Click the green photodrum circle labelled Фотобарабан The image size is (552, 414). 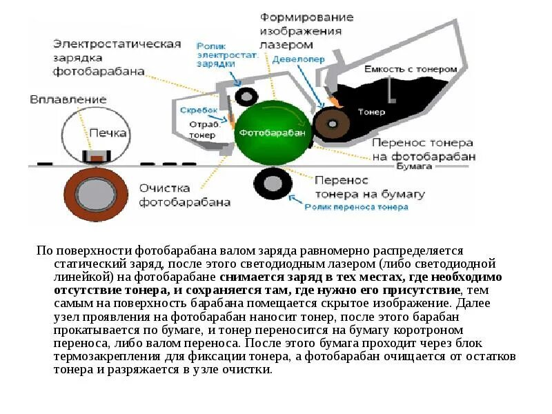click(273, 130)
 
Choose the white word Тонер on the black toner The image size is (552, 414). click(371, 111)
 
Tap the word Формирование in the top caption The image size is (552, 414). click(307, 17)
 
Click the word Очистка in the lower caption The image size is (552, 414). click(163, 188)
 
